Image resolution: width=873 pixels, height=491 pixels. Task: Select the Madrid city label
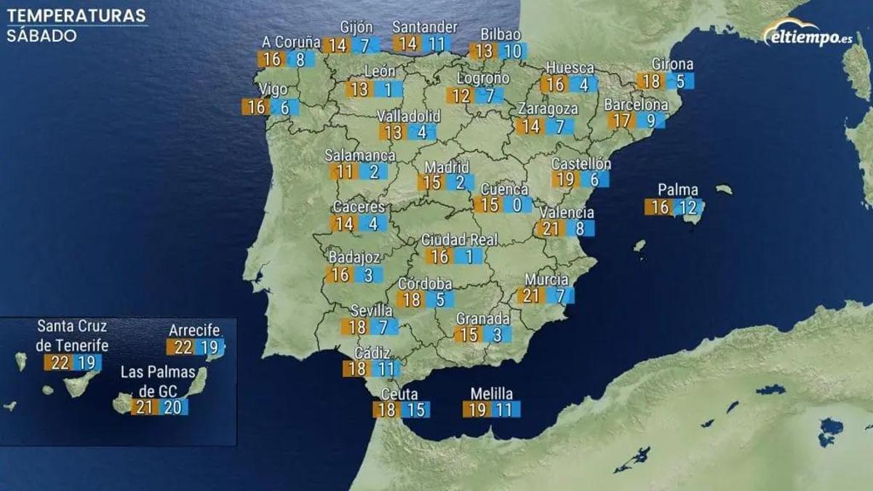[x=447, y=167]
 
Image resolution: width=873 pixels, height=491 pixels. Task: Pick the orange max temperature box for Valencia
[x=551, y=228]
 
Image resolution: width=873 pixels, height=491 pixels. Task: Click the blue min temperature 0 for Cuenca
[x=517, y=204]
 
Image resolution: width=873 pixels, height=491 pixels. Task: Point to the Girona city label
[x=672, y=64]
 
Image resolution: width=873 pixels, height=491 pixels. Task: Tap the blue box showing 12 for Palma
[x=687, y=207]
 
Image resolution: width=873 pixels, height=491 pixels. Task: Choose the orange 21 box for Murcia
[x=531, y=295]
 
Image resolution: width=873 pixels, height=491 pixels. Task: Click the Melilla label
[x=491, y=394]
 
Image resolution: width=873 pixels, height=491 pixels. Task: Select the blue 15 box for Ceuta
[x=415, y=410]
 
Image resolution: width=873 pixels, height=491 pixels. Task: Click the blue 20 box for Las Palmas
[x=172, y=407]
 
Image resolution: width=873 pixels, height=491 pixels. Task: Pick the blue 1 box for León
[x=388, y=89]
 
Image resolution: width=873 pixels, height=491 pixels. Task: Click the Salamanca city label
[x=360, y=155]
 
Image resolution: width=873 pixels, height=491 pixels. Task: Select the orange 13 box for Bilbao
[x=483, y=51]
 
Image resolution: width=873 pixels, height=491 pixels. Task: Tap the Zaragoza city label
[x=548, y=108]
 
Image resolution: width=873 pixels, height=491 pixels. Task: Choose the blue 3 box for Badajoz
[x=368, y=274]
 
